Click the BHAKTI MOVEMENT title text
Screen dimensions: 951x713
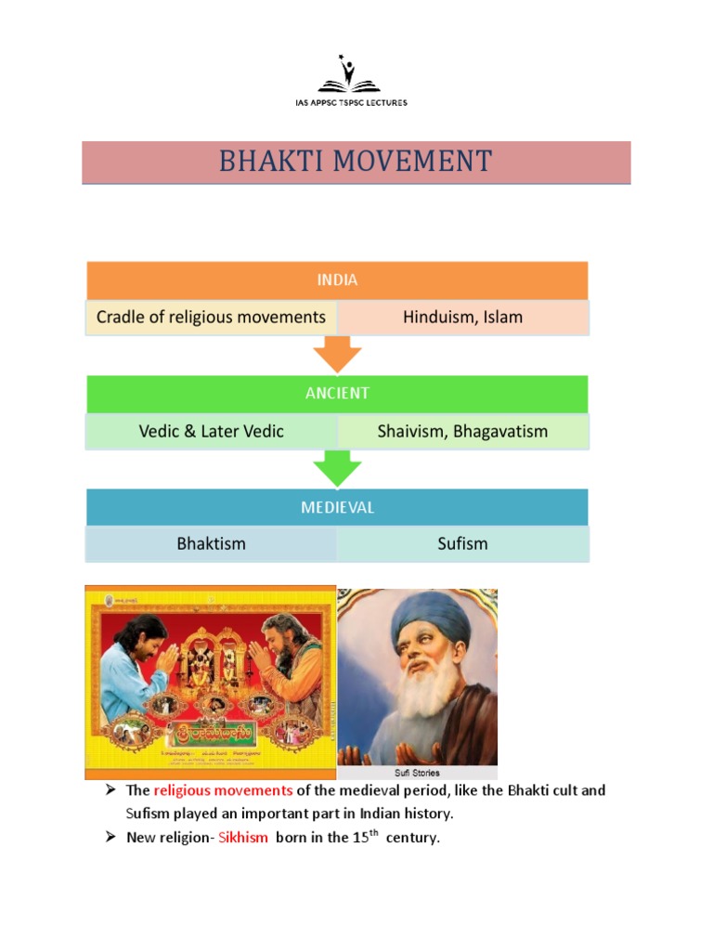tap(356, 162)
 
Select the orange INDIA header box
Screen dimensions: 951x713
tap(337, 280)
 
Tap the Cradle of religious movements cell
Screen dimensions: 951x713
tap(212, 317)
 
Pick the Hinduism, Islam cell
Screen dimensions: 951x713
tap(462, 317)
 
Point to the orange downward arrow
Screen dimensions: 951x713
tap(337, 354)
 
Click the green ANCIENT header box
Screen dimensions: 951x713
tap(337, 393)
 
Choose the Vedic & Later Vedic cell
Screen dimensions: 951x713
tap(212, 431)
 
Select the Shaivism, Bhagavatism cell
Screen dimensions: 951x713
tap(462, 431)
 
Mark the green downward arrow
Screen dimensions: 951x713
tap(337, 468)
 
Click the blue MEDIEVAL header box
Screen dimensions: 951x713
tap(337, 508)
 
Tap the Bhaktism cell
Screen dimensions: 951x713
tap(212, 543)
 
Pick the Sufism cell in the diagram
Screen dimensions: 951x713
tap(462, 543)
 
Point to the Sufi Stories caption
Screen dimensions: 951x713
tap(417, 773)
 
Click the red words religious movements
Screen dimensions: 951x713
tap(223, 790)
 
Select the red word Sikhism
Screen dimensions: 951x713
tap(243, 838)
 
